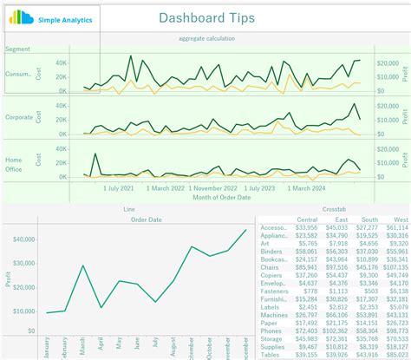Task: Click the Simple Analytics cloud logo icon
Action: pos(21,18)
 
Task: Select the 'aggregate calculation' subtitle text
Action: pos(206,38)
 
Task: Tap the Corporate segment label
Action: pos(19,116)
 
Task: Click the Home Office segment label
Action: pos(15,164)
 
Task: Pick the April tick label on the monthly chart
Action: pos(101,347)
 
